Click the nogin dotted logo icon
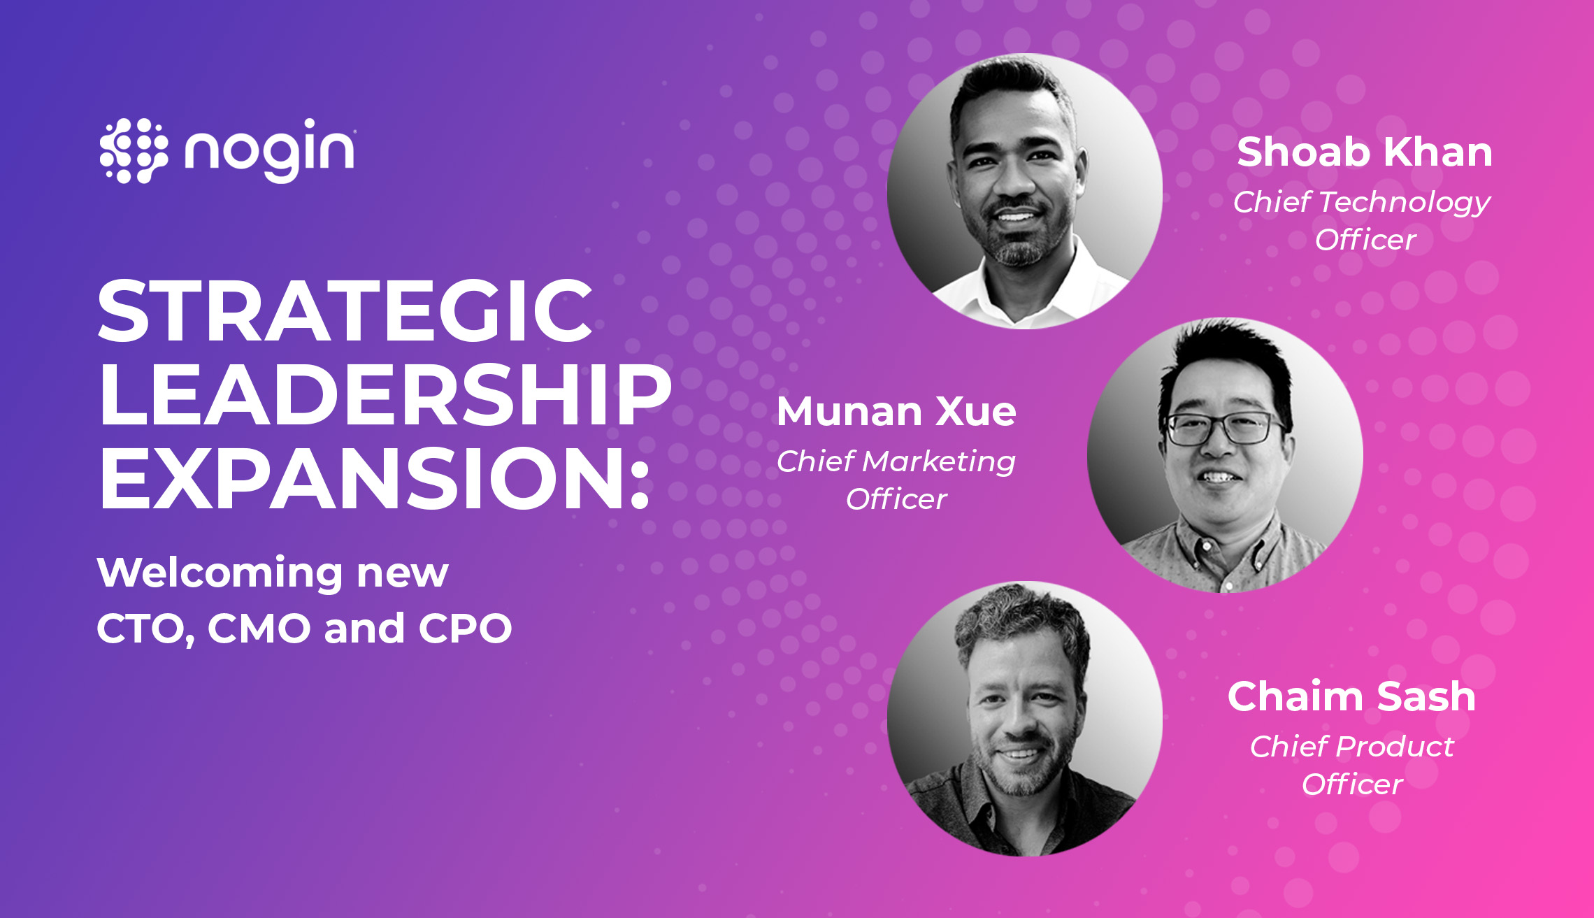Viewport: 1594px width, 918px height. (x=134, y=150)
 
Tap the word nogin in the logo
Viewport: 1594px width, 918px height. (x=269, y=151)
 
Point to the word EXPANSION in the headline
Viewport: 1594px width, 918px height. (x=363, y=479)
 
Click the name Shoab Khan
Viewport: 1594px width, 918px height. (x=1365, y=152)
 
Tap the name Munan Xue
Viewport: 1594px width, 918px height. (x=896, y=411)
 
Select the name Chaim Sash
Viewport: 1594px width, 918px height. (x=1351, y=696)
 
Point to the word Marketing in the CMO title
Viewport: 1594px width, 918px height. (x=938, y=462)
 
